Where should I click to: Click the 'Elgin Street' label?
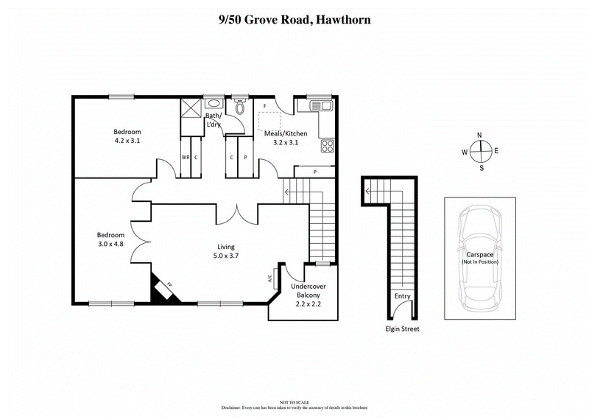pyautogui.click(x=401, y=329)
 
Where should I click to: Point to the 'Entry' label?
pyautogui.click(x=402, y=296)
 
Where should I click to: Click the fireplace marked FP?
pyautogui.click(x=164, y=288)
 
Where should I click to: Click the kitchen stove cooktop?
pyautogui.click(x=327, y=146)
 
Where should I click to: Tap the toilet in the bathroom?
pyautogui.click(x=239, y=108)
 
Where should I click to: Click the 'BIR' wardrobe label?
pyautogui.click(x=186, y=157)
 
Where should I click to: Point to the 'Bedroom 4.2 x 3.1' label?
pyautogui.click(x=127, y=135)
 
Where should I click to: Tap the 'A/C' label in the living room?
pyautogui.click(x=269, y=279)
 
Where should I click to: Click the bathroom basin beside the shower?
pyautogui.click(x=213, y=104)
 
